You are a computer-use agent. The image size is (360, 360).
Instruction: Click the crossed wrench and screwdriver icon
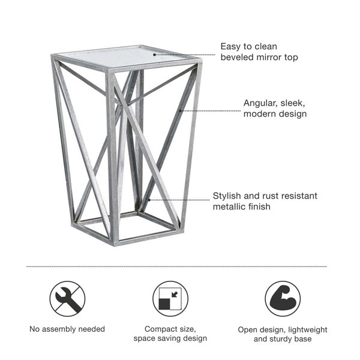pos(66,299)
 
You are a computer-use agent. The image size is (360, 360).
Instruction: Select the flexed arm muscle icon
pos(282,299)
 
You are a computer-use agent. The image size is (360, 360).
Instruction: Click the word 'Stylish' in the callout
pos(228,196)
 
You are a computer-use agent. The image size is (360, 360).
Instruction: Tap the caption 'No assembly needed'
pos(67,329)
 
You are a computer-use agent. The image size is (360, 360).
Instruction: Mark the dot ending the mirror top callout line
pos(154,54)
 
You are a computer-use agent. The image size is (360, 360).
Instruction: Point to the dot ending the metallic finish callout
pos(149,200)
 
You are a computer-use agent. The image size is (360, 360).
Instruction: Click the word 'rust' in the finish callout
pos(271,196)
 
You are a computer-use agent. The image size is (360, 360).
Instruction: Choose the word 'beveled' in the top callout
pos(237,58)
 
